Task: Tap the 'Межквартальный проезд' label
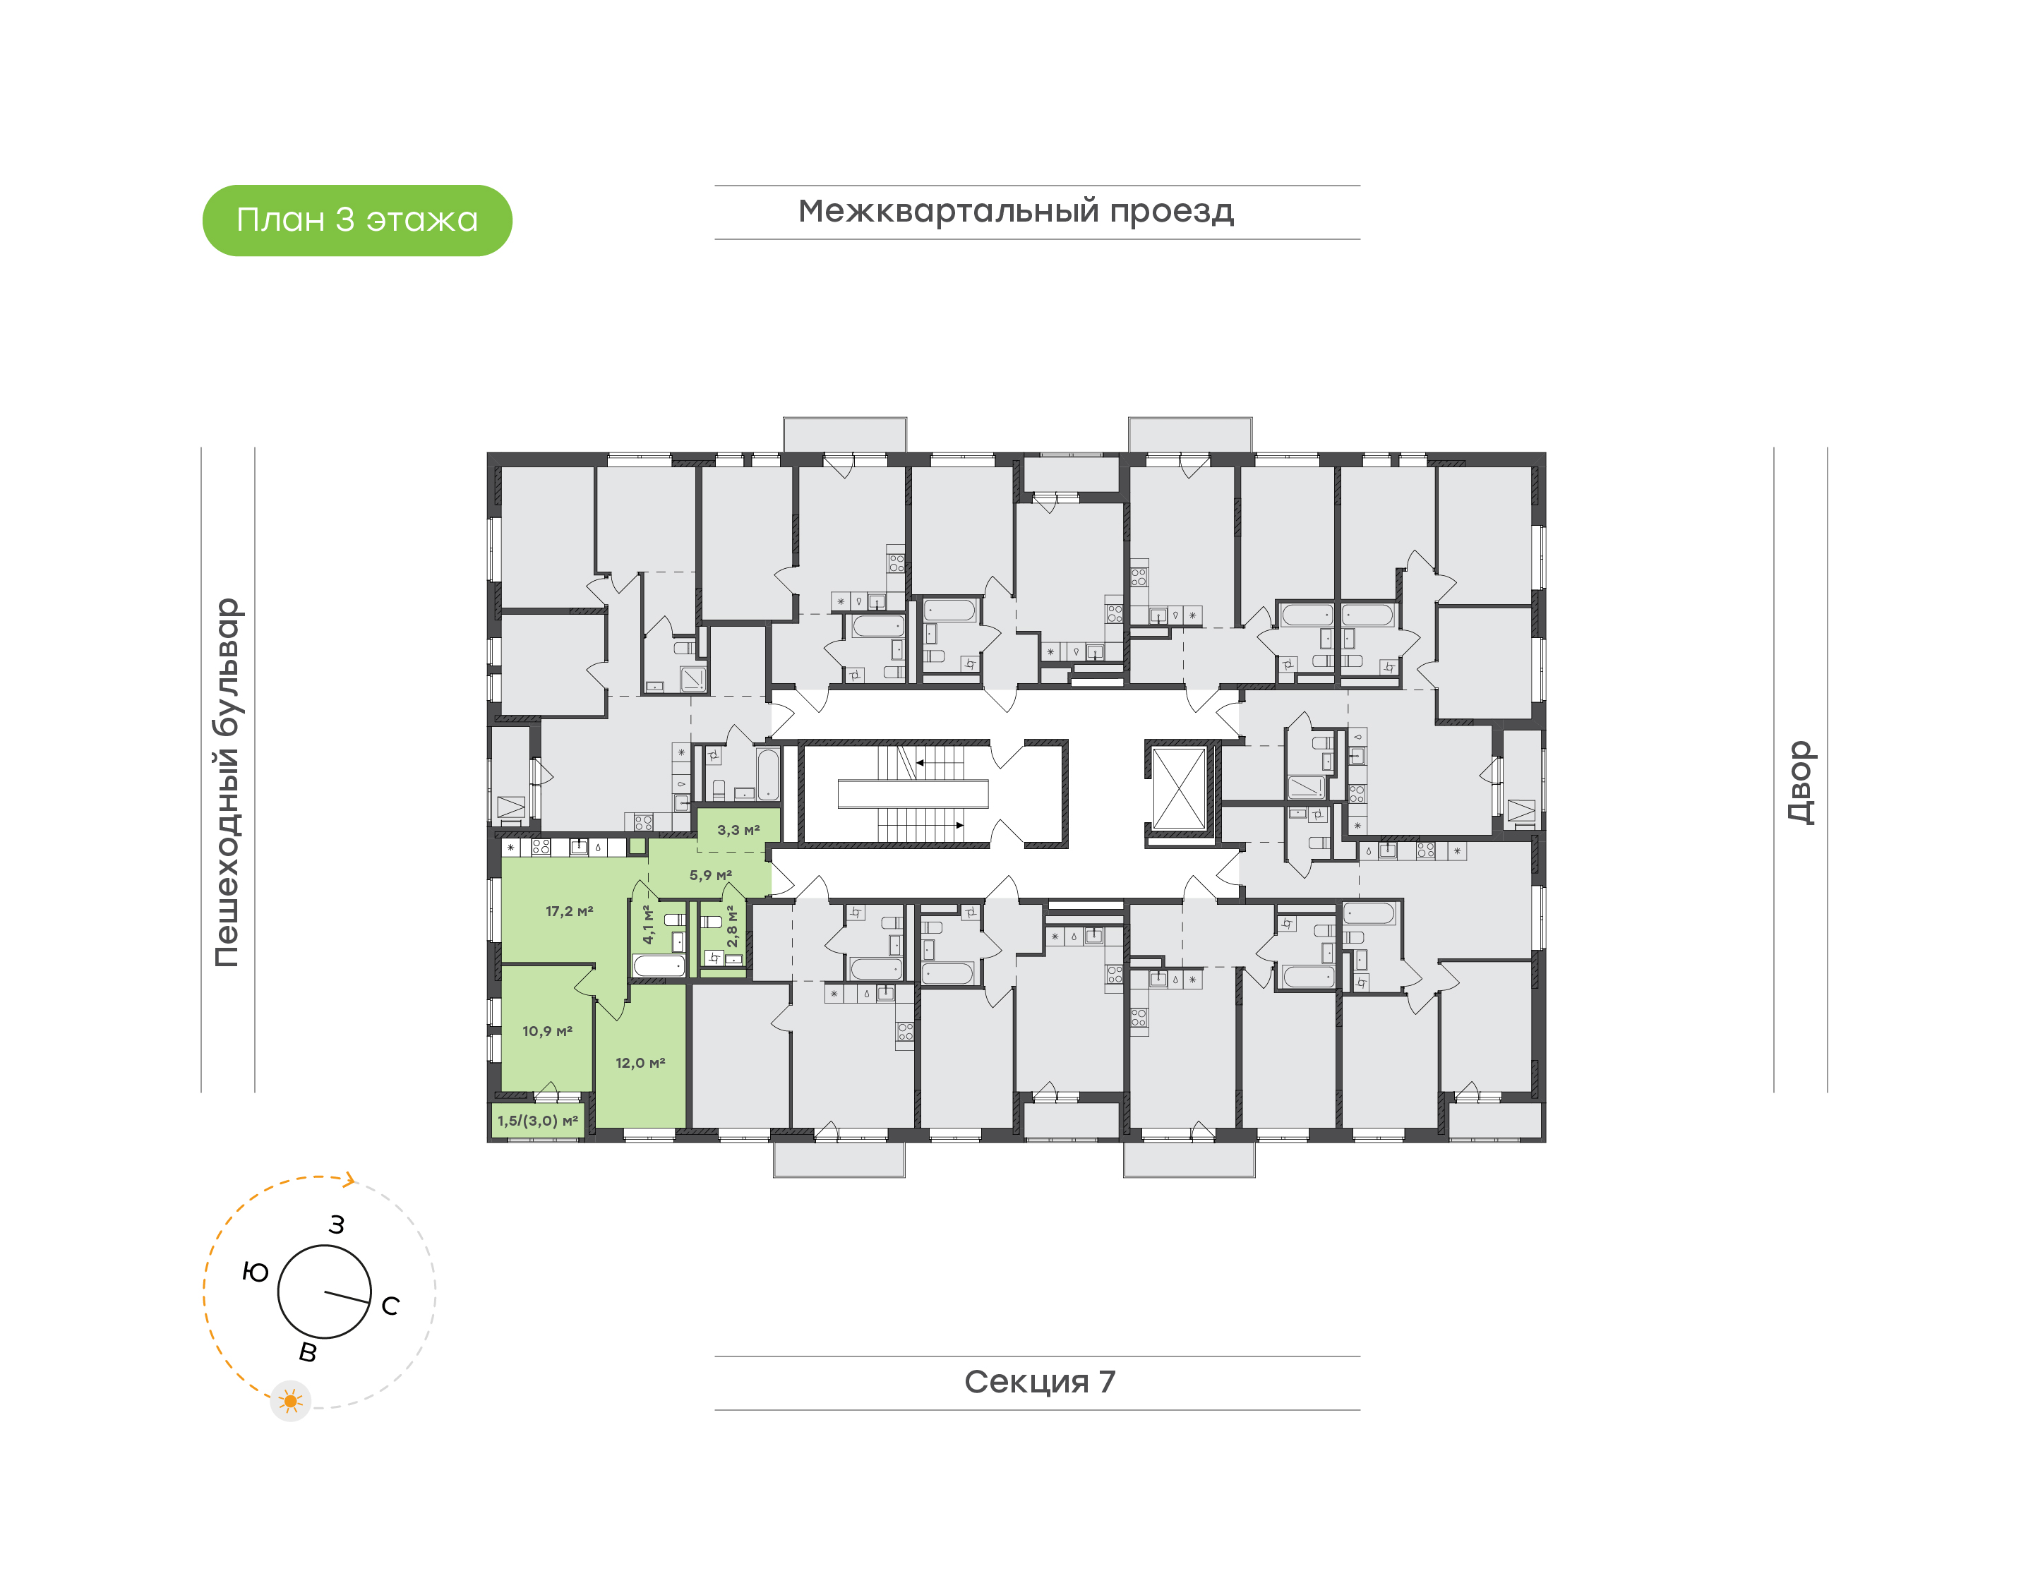tap(1015, 211)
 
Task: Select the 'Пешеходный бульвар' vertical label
tap(227, 783)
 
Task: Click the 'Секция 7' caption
tap(1039, 1381)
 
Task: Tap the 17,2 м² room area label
tap(569, 910)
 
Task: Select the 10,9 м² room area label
tap(546, 1031)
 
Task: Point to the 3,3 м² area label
tap(738, 829)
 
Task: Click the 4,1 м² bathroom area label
tap(648, 924)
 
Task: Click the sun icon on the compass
tap(290, 1402)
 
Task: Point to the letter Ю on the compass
tap(255, 1272)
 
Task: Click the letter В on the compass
tap(307, 1352)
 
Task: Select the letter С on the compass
tap(390, 1306)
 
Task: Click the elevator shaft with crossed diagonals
tap(1179, 788)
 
